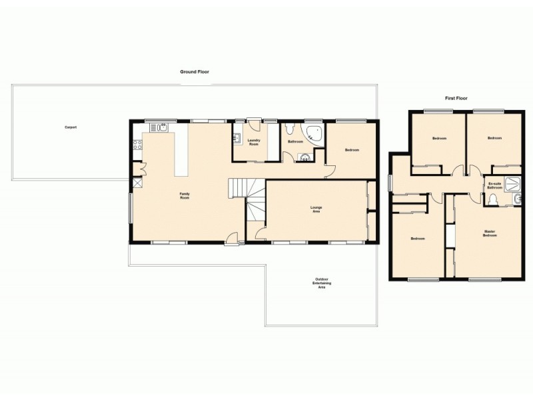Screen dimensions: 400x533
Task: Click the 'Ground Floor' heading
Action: pos(195,71)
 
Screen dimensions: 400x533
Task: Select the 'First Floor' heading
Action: pos(456,98)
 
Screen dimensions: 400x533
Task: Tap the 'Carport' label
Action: pos(70,127)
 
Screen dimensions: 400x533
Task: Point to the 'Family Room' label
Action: pos(185,195)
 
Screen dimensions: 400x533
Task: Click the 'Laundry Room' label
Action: pos(254,141)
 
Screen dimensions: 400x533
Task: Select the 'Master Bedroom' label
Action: pos(490,233)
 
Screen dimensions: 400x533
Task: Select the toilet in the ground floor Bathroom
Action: pos(289,129)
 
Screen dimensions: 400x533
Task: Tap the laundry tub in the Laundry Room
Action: pos(237,139)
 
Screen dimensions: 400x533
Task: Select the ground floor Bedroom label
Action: pos(352,150)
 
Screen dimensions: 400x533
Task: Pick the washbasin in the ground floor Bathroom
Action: pos(305,157)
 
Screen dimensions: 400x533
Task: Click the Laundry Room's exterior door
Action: pos(254,121)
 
